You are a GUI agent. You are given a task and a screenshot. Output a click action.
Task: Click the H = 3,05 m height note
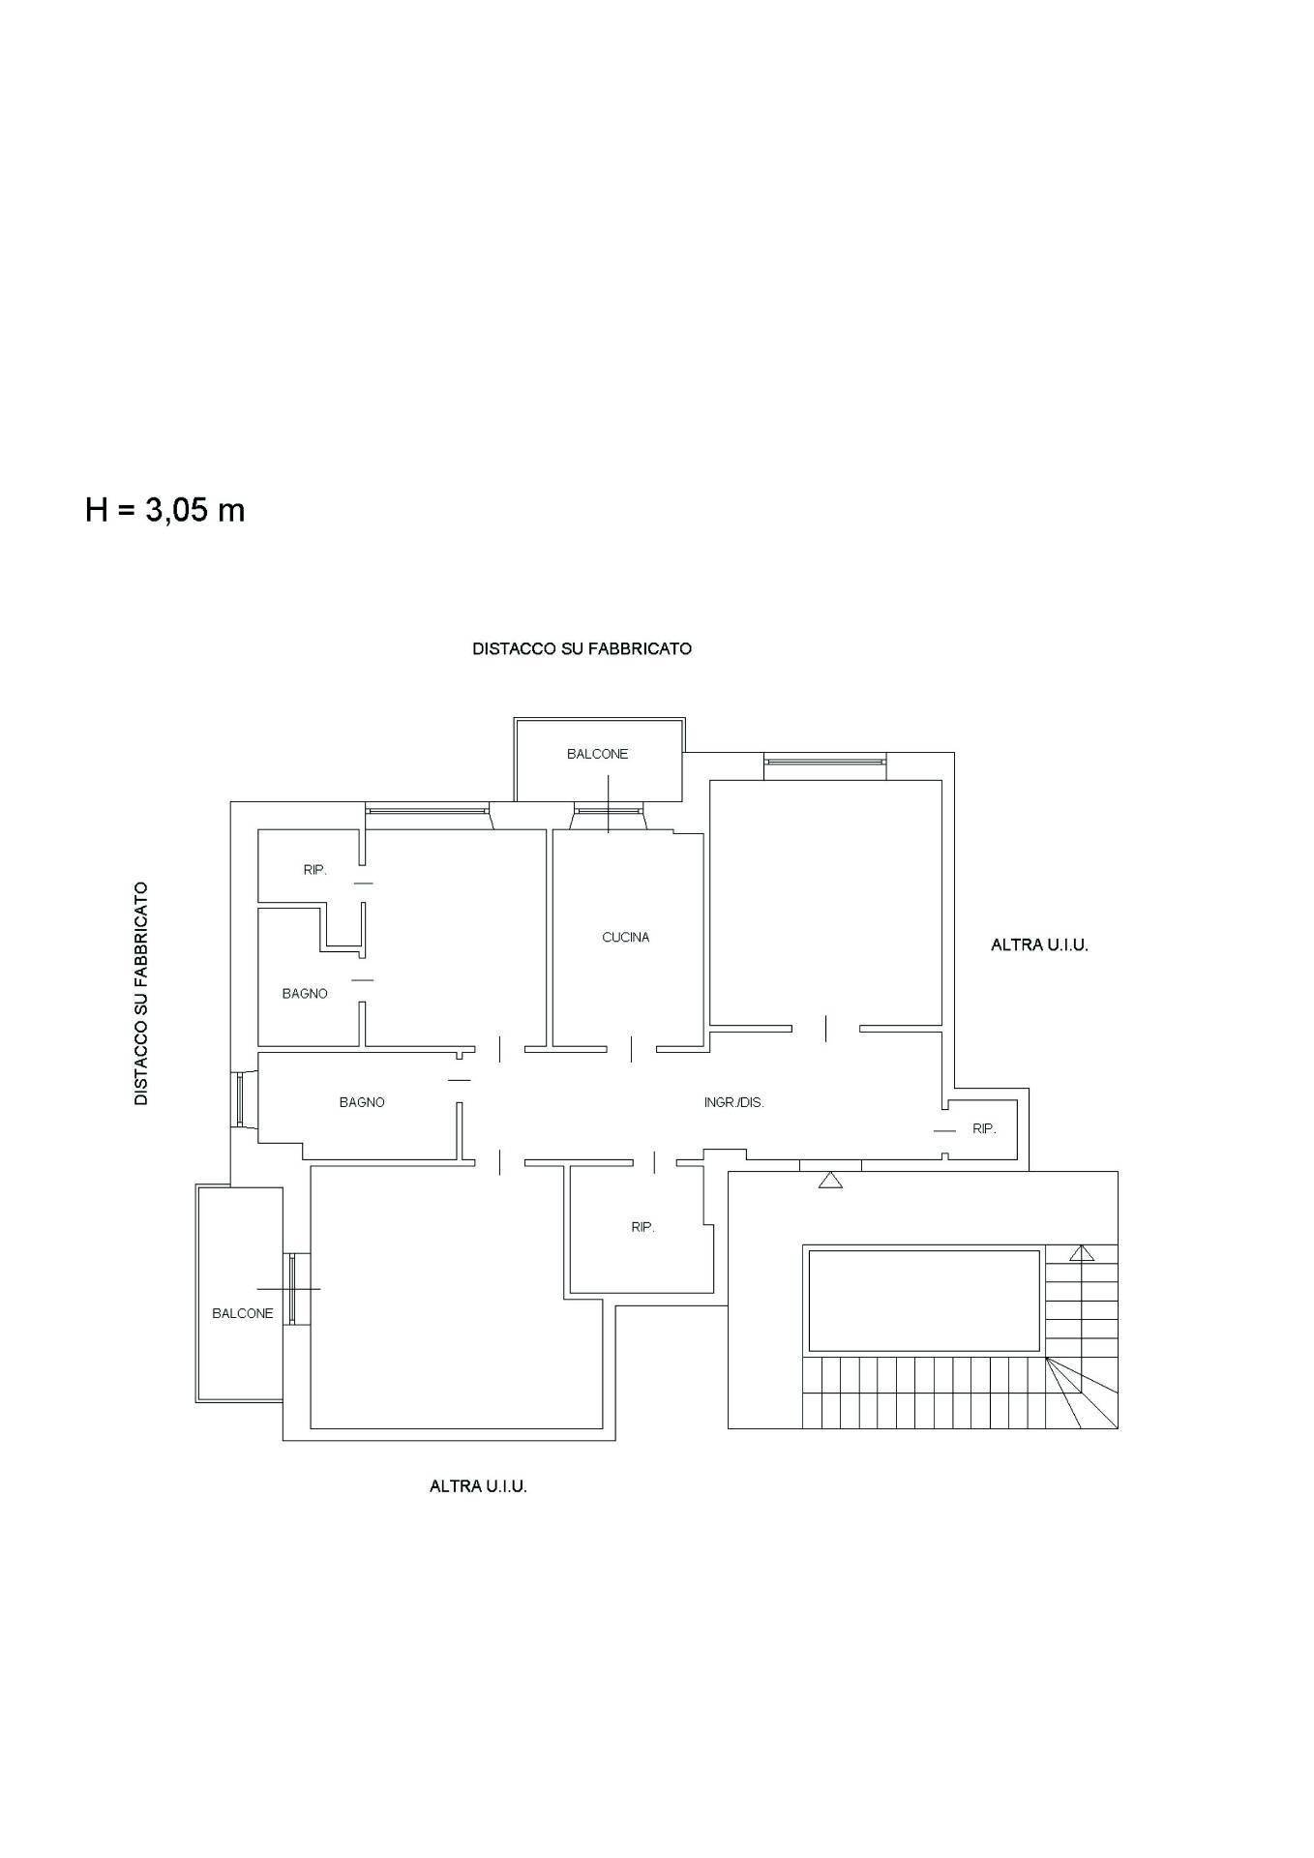[164, 510]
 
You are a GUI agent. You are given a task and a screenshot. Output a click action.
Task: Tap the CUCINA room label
[625, 937]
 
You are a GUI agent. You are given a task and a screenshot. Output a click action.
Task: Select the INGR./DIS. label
[733, 1101]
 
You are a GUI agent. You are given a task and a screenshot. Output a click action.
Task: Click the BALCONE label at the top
[597, 754]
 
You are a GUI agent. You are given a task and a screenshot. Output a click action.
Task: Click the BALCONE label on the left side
[242, 1313]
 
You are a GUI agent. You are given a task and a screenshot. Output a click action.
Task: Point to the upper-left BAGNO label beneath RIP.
[305, 993]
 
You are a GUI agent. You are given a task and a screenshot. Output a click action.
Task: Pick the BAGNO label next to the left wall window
[362, 1101]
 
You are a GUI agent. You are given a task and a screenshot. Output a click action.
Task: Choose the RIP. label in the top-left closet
[314, 870]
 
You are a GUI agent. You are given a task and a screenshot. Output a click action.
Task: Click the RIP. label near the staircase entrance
[983, 1128]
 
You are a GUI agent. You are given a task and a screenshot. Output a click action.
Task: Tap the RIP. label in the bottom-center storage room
[642, 1226]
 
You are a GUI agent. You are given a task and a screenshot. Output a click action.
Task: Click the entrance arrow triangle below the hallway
[830, 1180]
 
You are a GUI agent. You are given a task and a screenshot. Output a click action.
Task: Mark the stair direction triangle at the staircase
[1081, 1253]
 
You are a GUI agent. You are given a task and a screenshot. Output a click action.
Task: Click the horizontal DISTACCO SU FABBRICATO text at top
[582, 648]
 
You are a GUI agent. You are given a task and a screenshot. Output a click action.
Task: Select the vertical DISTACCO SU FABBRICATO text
[141, 993]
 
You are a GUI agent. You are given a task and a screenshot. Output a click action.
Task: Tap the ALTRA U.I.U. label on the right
[1039, 945]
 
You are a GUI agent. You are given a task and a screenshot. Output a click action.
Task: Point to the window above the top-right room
[824, 767]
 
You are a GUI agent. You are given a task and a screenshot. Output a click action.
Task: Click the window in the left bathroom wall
[240, 1098]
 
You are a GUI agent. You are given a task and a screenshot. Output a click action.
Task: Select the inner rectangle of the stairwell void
[922, 1301]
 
